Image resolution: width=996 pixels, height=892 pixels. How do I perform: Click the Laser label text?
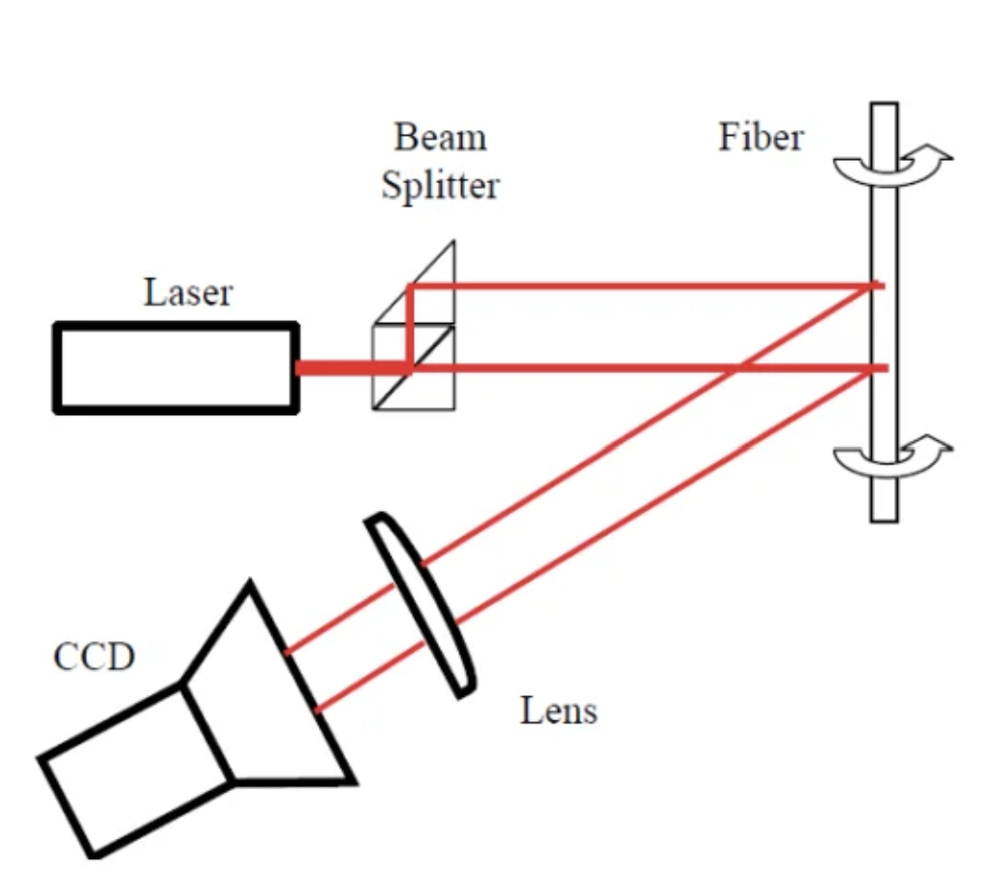[x=188, y=292]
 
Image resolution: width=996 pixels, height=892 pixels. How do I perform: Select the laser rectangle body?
[x=175, y=368]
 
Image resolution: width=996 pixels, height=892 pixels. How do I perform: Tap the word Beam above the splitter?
[x=440, y=138]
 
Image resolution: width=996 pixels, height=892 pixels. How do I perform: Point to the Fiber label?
[x=761, y=137]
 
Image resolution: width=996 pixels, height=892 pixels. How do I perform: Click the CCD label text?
[x=94, y=657]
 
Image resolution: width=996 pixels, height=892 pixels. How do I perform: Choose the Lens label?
[x=559, y=711]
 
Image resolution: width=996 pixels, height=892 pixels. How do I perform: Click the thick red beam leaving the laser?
[x=349, y=368]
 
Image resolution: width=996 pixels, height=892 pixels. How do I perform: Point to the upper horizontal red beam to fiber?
[x=639, y=286]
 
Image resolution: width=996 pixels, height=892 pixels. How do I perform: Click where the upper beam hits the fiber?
[x=878, y=286]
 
